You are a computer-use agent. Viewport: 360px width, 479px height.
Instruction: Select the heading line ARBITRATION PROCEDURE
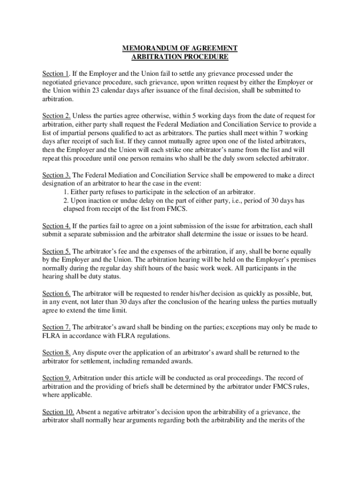(x=180, y=57)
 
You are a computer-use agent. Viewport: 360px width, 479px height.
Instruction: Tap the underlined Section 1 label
(x=56, y=73)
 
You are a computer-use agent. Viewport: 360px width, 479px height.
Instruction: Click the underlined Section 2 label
(x=56, y=116)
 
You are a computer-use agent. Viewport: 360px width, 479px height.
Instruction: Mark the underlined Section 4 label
(x=56, y=226)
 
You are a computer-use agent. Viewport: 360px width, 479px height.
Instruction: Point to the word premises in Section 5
(x=297, y=260)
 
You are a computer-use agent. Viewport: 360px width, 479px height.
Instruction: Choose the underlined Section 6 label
(x=56, y=293)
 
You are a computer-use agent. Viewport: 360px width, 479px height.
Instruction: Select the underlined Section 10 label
(x=58, y=411)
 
